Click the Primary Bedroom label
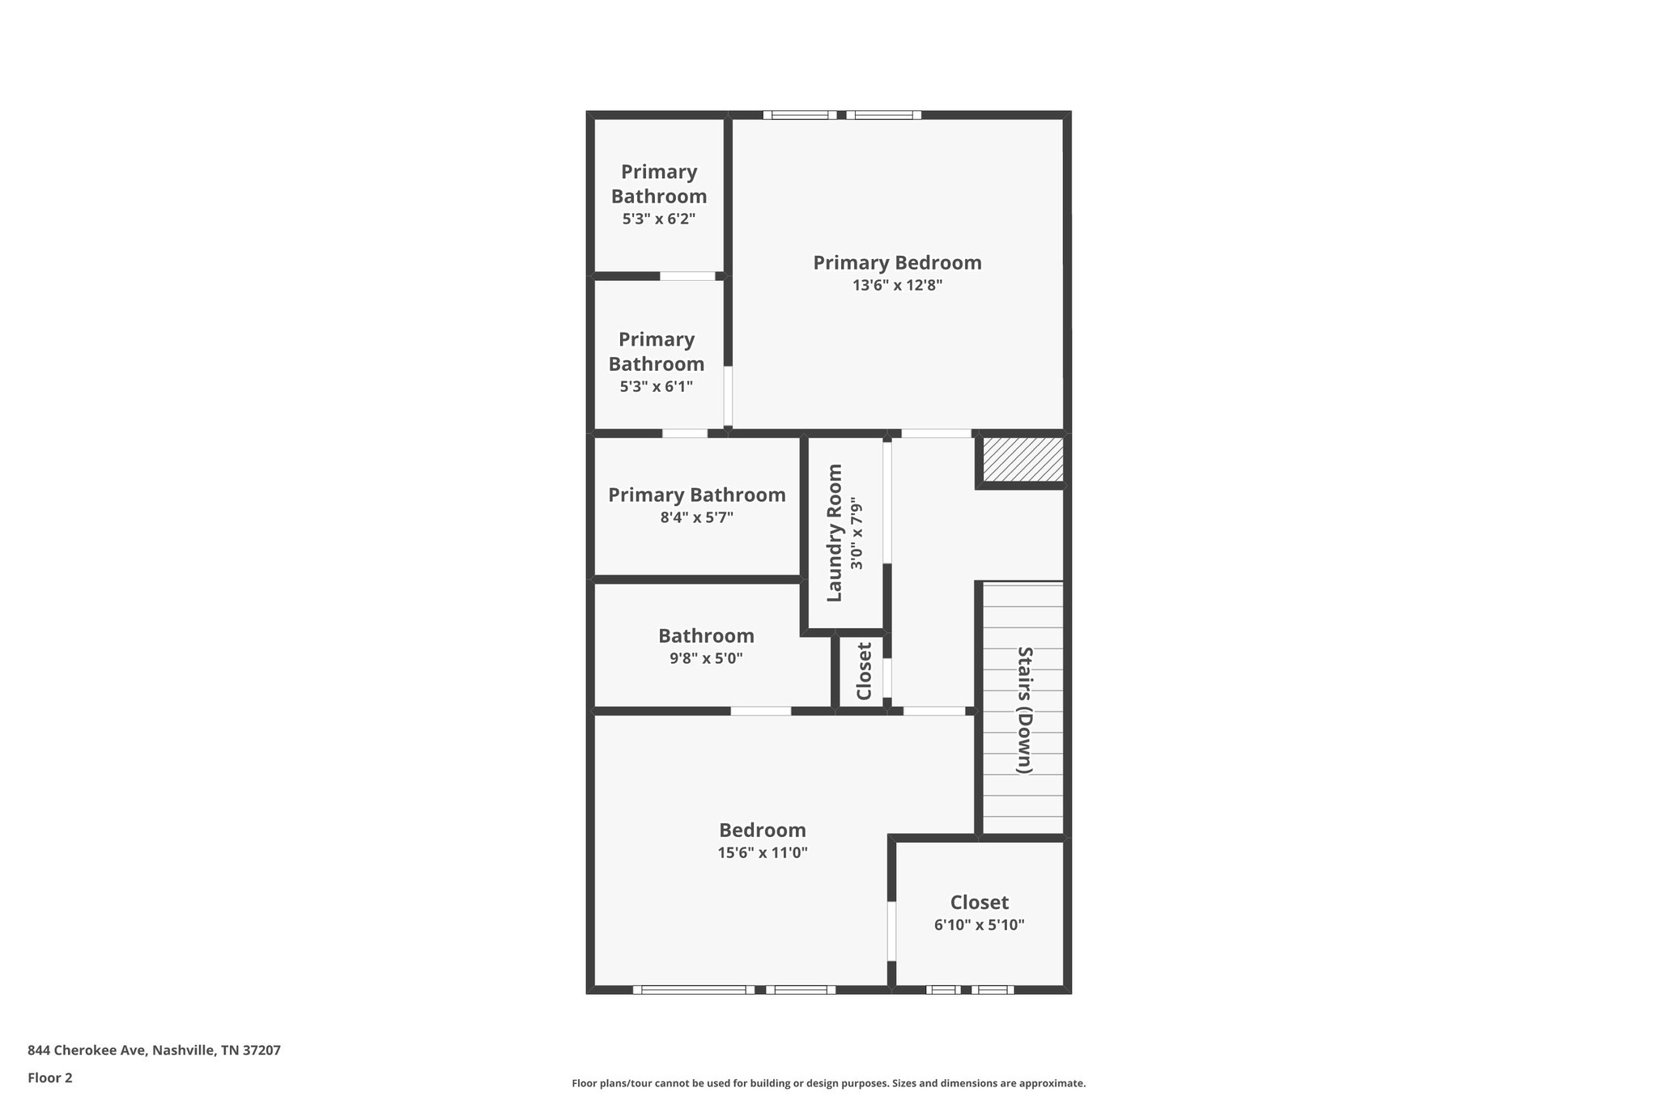point(897,263)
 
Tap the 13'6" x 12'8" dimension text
point(897,286)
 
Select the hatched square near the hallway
point(1022,460)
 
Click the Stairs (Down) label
point(1024,710)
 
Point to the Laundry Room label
point(835,533)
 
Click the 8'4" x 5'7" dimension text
point(696,517)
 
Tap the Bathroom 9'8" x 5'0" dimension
point(706,659)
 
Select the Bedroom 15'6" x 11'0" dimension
point(763,852)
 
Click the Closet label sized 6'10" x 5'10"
point(979,903)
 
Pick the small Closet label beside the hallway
point(864,671)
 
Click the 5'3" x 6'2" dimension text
point(658,219)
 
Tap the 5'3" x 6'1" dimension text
point(656,387)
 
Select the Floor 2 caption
point(50,1078)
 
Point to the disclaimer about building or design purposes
point(828,1083)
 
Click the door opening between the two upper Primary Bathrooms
point(687,276)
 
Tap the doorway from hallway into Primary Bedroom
point(936,434)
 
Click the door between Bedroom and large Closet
point(891,931)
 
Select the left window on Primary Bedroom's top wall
point(800,115)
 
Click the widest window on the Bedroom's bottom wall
point(693,989)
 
